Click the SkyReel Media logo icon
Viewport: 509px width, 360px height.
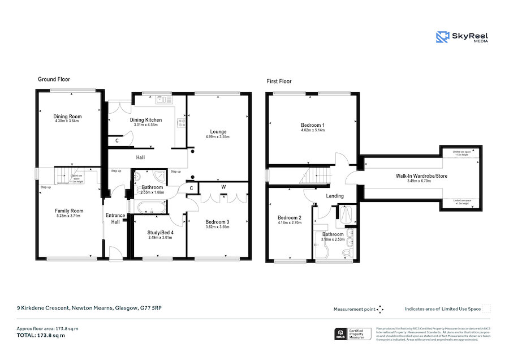click(442, 37)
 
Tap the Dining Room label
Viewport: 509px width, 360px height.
click(67, 117)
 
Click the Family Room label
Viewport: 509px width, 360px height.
click(69, 211)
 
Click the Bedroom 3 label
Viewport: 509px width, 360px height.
click(217, 221)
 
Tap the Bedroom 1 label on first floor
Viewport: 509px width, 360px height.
click(312, 125)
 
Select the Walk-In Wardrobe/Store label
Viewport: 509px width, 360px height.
click(421, 176)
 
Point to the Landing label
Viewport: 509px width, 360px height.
click(335, 196)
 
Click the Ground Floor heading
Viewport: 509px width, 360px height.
click(54, 79)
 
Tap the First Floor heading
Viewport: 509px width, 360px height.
click(279, 82)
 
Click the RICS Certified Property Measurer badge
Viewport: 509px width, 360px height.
click(353, 334)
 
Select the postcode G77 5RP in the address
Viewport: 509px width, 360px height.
click(154, 308)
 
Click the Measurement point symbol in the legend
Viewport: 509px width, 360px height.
click(380, 309)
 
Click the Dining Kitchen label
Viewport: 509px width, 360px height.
click(146, 120)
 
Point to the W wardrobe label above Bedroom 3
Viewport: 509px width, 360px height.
click(224, 186)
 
